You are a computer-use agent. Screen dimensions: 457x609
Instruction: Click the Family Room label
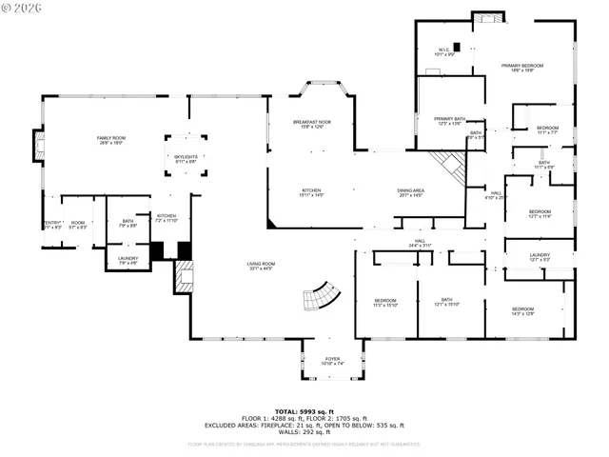pos(111,140)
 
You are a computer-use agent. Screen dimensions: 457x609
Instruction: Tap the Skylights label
pos(186,159)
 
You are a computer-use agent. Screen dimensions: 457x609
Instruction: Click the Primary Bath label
pos(449,120)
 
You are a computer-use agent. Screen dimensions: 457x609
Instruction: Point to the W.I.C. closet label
pos(444,51)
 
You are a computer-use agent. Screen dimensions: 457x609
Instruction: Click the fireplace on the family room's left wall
pos(39,147)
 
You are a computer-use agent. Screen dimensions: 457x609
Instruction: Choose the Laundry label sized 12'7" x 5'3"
pos(540,257)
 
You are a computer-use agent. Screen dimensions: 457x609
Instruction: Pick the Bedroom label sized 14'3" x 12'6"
pos(522,310)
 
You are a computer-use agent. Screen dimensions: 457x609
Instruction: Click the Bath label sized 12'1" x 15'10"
pos(446,302)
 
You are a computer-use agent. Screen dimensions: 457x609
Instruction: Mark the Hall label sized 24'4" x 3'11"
pos(420,244)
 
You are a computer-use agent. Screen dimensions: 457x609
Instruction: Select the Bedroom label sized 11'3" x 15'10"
pos(384,304)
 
